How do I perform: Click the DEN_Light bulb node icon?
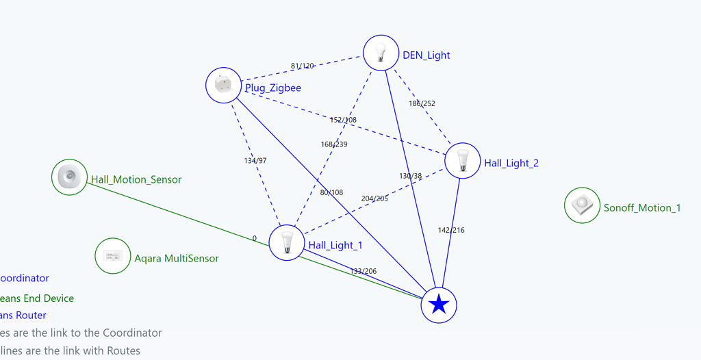click(x=381, y=53)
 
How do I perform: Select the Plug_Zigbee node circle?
click(x=224, y=85)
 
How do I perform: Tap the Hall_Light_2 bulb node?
click(x=462, y=161)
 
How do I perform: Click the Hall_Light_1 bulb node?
click(x=287, y=242)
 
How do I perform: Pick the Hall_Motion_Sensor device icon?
click(x=70, y=177)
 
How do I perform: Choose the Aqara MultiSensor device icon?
click(x=112, y=256)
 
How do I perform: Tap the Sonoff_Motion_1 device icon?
click(x=582, y=205)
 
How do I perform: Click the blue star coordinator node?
click(x=438, y=305)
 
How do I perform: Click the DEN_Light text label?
click(x=426, y=55)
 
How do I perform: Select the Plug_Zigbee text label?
click(x=273, y=88)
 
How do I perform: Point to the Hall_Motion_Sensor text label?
click(x=136, y=179)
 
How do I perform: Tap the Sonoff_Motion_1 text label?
click(x=642, y=207)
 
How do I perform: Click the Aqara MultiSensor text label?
click(x=177, y=258)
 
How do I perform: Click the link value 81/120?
click(x=303, y=66)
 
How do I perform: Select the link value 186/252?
click(x=422, y=104)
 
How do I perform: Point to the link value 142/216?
click(x=451, y=230)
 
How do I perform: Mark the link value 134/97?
click(x=255, y=160)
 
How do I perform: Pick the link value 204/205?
click(x=374, y=198)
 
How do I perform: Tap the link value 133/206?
click(x=364, y=271)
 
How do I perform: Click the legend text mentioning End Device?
click(x=37, y=298)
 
